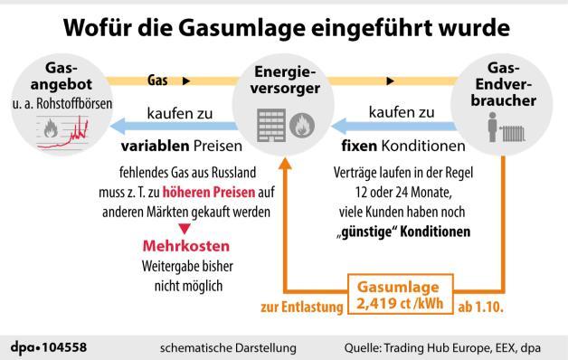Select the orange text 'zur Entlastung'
[x=303, y=306]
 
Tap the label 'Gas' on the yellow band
[x=157, y=81]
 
